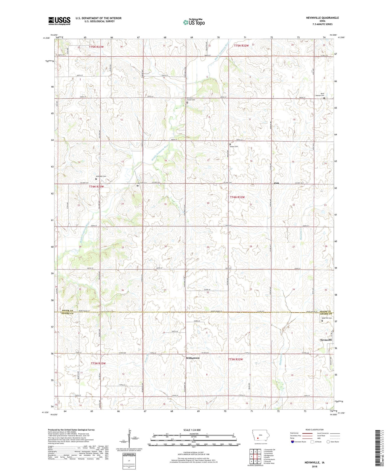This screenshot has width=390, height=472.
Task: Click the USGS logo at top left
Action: click(59, 21)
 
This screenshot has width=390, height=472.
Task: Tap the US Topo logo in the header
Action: click(194, 22)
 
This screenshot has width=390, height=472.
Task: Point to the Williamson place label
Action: click(193, 358)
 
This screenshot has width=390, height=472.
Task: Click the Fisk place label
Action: click(276, 183)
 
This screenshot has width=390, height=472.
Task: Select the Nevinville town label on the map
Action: click(326, 340)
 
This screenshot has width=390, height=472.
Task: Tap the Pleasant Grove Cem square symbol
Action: click(187, 103)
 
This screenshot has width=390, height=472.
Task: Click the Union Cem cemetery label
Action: click(234, 147)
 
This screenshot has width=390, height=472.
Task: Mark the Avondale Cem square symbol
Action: click(96, 179)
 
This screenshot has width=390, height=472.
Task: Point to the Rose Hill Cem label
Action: click(327, 318)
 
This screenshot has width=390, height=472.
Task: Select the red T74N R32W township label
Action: click(237, 197)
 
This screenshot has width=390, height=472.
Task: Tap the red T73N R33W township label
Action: click(98, 363)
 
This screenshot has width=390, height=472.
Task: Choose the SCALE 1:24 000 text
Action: click(192, 430)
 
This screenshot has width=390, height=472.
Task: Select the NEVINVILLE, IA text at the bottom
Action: click(315, 463)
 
